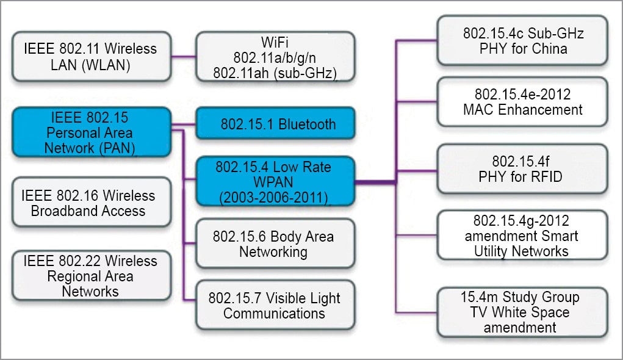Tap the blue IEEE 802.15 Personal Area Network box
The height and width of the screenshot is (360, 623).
tap(91, 132)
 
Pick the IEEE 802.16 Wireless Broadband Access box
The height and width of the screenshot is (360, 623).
tap(91, 203)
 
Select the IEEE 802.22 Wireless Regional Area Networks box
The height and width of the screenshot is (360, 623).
tap(91, 276)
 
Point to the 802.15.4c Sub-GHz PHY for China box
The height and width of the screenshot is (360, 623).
tap(523, 41)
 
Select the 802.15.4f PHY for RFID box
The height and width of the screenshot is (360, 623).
tap(523, 170)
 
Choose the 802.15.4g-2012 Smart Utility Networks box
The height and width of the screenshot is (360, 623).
tap(523, 235)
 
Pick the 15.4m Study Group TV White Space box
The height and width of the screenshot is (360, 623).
tap(523, 312)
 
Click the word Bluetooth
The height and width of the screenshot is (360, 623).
tap(307, 124)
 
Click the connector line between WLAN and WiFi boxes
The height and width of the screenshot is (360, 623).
tap(183, 57)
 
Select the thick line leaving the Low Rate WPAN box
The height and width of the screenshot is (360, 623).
tap(375, 181)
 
